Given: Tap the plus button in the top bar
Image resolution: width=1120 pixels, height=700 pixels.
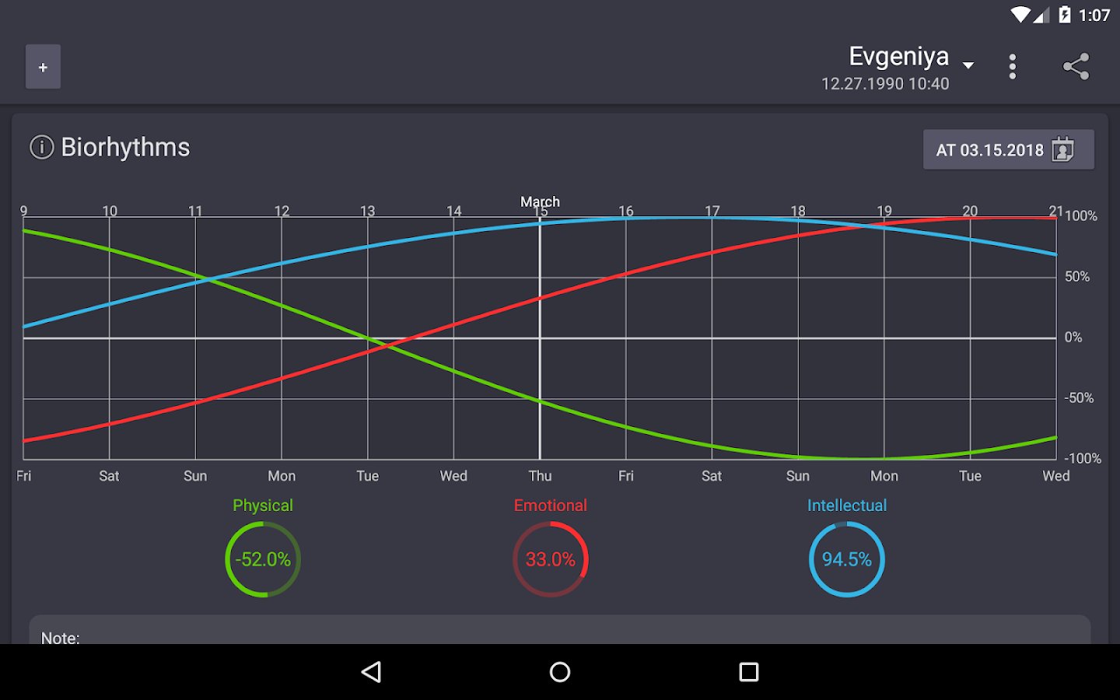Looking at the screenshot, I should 43,67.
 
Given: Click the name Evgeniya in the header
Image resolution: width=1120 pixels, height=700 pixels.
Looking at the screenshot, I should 898,57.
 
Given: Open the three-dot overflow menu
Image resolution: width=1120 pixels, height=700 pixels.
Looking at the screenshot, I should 1012,67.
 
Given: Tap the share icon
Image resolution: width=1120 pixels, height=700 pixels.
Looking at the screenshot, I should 1076,67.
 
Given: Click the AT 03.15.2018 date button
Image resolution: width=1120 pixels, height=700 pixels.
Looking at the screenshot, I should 1008,149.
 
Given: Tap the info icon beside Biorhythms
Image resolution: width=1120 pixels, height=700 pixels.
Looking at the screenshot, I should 42,147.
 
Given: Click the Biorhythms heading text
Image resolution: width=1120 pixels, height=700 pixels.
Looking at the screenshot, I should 125,147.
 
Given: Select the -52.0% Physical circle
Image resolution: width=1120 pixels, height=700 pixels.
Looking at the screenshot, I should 263,559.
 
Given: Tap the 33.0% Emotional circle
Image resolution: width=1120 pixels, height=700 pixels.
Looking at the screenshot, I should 550,559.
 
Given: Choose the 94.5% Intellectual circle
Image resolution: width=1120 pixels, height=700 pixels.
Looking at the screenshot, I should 846,559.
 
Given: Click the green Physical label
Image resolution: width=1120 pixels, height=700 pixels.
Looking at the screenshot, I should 263,506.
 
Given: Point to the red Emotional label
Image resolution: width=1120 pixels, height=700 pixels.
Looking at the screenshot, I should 550,506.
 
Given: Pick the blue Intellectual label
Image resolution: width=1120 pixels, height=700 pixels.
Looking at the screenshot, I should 846,506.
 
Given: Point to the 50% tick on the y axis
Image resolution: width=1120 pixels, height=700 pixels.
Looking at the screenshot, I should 1077,277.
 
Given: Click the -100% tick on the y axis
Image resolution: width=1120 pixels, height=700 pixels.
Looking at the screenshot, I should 1082,459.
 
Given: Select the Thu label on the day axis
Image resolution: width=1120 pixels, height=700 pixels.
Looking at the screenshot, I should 540,476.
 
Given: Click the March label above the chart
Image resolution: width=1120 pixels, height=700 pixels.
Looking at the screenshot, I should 540,201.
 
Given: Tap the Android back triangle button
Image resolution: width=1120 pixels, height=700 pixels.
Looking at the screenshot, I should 372,672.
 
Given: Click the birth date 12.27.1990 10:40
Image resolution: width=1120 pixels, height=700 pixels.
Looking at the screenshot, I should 885,84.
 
